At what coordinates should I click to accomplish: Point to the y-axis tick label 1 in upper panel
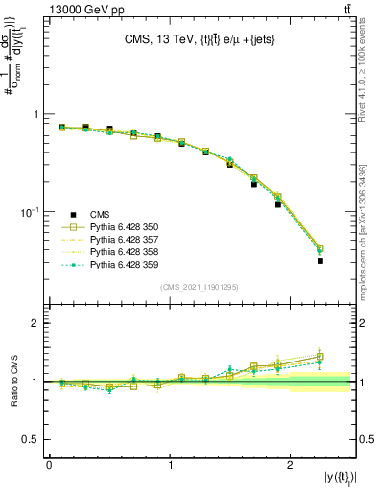pos(38,114)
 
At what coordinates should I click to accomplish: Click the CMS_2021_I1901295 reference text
pos(200,287)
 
